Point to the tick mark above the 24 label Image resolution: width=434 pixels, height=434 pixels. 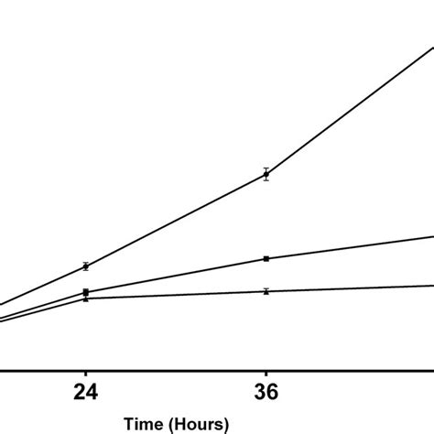click(x=85, y=375)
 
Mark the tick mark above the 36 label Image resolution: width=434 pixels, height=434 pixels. click(x=266, y=375)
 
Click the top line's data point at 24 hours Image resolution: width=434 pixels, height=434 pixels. click(x=85, y=266)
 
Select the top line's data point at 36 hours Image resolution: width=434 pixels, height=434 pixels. click(x=266, y=175)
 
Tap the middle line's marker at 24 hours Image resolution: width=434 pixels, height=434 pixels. click(x=85, y=292)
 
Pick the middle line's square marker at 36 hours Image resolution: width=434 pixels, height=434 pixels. click(x=266, y=259)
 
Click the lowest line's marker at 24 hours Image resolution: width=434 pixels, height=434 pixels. click(x=85, y=298)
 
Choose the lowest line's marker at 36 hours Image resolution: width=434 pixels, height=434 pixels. click(x=266, y=291)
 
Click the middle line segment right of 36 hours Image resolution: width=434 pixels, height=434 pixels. click(x=348, y=248)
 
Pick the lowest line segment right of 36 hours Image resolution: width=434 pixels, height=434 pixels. click(x=348, y=288)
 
